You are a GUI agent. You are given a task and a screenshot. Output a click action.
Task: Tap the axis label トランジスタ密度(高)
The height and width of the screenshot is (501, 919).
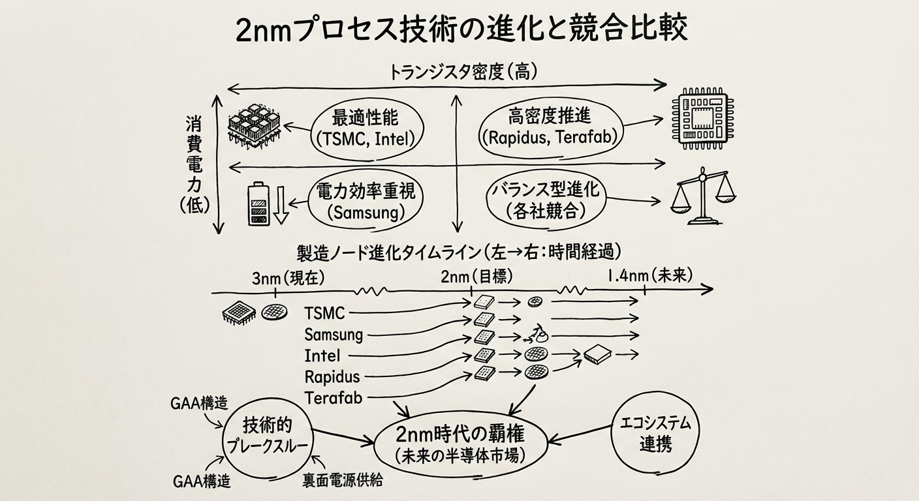463,72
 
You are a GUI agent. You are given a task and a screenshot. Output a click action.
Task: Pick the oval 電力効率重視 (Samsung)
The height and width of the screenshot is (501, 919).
361,201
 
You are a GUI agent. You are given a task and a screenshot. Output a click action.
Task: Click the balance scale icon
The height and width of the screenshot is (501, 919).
703,196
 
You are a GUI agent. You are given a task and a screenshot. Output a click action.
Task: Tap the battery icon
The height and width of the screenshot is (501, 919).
258,204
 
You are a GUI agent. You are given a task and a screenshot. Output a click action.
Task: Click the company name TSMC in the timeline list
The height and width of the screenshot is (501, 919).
324,312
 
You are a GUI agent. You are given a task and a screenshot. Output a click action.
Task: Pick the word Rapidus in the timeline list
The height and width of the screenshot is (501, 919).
332,376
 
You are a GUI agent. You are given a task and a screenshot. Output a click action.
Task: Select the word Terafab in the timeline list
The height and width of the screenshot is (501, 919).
334,397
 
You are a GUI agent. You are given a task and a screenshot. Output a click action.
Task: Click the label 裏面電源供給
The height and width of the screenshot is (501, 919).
342,481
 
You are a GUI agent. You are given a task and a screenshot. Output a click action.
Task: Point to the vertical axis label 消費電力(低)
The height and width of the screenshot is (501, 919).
194,163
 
